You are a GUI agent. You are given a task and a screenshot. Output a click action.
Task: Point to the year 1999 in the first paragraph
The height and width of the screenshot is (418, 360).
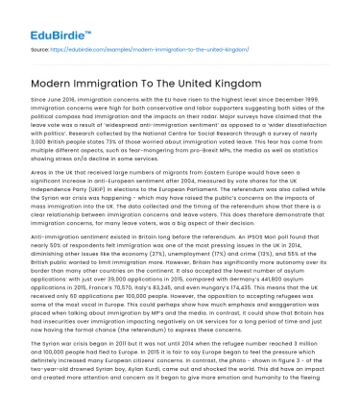point(322,111)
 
